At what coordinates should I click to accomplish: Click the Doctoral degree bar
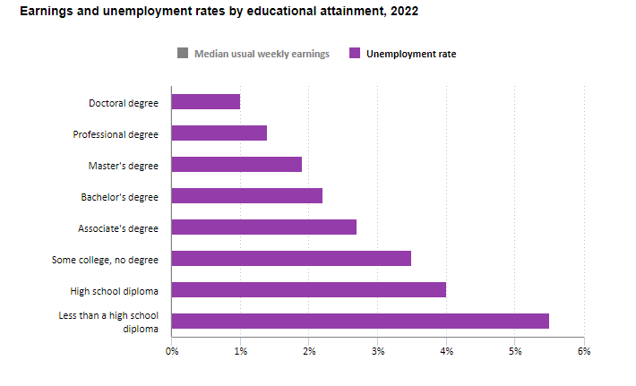click(205, 102)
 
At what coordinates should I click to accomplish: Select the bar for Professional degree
click(219, 133)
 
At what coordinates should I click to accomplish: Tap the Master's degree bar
click(236, 165)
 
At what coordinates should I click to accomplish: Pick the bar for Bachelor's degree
click(246, 196)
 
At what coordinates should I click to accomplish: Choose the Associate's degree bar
click(263, 227)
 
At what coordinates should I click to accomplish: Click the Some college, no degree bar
click(291, 259)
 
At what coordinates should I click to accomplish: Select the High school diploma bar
click(308, 290)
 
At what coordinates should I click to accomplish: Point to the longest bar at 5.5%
click(360, 322)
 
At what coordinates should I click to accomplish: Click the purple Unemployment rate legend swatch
click(355, 54)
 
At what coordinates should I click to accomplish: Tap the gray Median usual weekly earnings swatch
click(183, 54)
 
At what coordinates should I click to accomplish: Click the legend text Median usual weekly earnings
click(262, 54)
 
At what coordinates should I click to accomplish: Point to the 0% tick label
click(171, 350)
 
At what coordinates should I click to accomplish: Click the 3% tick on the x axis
click(378, 350)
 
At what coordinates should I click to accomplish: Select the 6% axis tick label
click(584, 350)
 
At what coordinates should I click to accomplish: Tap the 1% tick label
click(240, 350)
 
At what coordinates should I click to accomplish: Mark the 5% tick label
click(515, 350)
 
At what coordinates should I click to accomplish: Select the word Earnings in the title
click(46, 12)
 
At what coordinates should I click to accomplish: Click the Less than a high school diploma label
click(108, 322)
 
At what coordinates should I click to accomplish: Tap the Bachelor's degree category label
click(119, 196)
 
